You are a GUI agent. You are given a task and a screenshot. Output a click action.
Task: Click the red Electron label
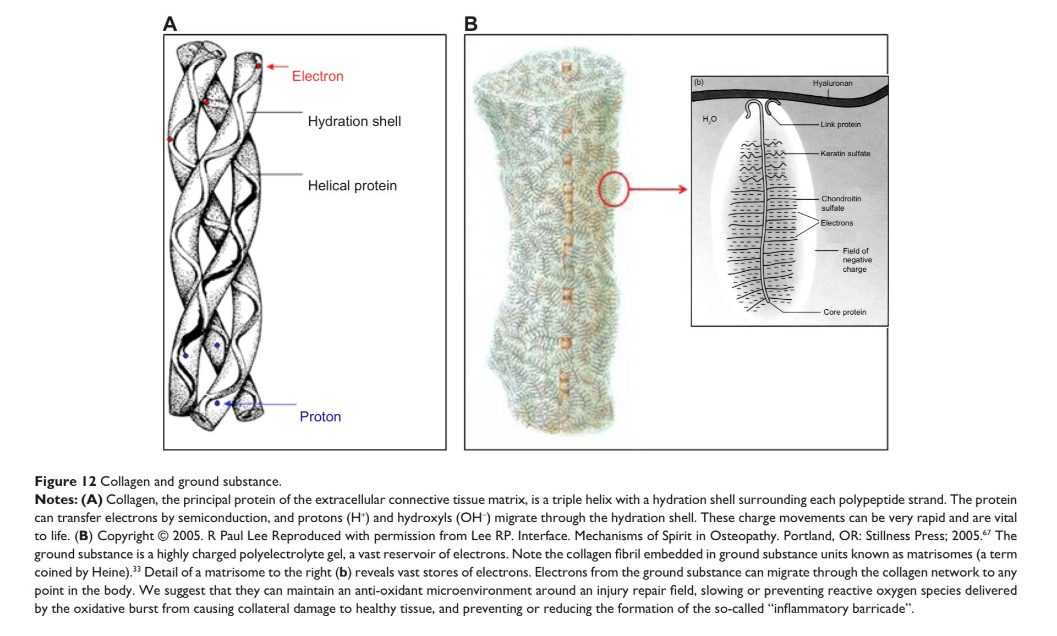(317, 76)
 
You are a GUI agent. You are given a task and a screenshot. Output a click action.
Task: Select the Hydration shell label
(354, 121)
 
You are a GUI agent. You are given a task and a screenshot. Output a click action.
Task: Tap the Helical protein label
(352, 185)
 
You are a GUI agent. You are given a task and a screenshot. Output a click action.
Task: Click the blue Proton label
(320, 416)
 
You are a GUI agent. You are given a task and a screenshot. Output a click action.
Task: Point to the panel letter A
(170, 24)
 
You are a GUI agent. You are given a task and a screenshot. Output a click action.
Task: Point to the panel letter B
(470, 24)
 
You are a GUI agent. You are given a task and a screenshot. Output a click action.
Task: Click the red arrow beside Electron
(277, 67)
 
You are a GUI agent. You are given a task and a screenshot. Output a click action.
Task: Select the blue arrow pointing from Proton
(261, 404)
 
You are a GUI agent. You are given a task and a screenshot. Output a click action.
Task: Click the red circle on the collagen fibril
(613, 189)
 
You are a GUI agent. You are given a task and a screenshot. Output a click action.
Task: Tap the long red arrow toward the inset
(658, 189)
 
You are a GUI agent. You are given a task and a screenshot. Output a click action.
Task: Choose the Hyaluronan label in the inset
(833, 83)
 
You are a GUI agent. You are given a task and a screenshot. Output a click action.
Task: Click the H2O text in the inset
(710, 119)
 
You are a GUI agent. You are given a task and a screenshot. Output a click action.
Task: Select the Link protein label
(840, 124)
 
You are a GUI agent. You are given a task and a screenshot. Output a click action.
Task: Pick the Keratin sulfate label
(845, 153)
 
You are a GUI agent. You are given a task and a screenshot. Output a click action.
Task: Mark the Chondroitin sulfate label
(841, 203)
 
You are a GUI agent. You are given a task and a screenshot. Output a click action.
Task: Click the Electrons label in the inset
(836, 223)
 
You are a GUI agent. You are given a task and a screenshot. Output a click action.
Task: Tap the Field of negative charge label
(857, 260)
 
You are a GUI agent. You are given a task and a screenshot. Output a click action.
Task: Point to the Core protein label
(845, 312)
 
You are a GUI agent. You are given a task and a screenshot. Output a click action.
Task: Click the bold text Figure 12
(65, 481)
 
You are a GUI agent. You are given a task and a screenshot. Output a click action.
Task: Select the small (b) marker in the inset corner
(699, 83)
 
